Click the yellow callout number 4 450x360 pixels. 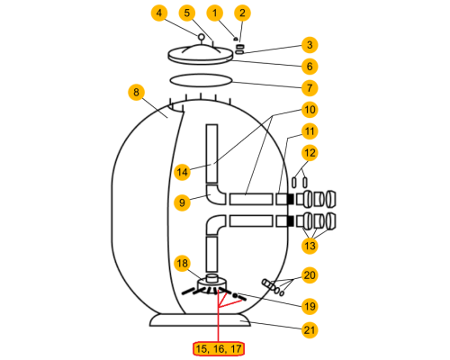[159, 13]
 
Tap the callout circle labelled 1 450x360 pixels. [215, 13]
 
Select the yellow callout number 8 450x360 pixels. [137, 92]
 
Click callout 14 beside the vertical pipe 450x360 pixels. [182, 172]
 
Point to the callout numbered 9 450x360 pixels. [182, 202]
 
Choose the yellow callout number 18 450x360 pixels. [182, 264]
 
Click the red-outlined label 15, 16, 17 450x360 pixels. [219, 349]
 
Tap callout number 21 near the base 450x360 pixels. [310, 330]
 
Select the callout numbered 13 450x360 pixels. [310, 246]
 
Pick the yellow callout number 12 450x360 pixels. [310, 153]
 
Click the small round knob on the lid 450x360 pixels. [201, 37]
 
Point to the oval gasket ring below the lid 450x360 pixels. [201, 80]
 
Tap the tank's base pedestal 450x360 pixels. [200, 320]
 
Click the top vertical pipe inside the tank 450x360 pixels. [211, 154]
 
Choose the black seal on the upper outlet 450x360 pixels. [291, 199]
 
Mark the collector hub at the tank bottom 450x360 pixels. [211, 283]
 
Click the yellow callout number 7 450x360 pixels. [310, 88]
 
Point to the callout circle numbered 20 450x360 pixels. [310, 275]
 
